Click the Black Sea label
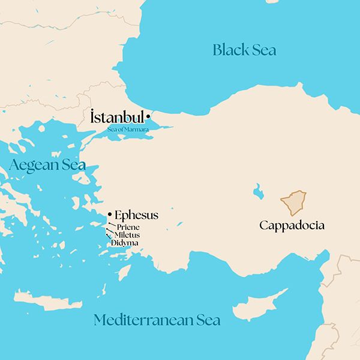(x=245, y=50)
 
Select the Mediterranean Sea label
(x=157, y=320)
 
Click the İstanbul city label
(x=117, y=117)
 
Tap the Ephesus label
(x=136, y=215)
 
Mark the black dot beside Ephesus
(x=110, y=214)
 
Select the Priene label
(x=129, y=227)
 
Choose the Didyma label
(x=125, y=243)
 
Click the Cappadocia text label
(x=292, y=226)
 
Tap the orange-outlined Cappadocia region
(x=294, y=203)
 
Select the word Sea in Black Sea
(x=263, y=50)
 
